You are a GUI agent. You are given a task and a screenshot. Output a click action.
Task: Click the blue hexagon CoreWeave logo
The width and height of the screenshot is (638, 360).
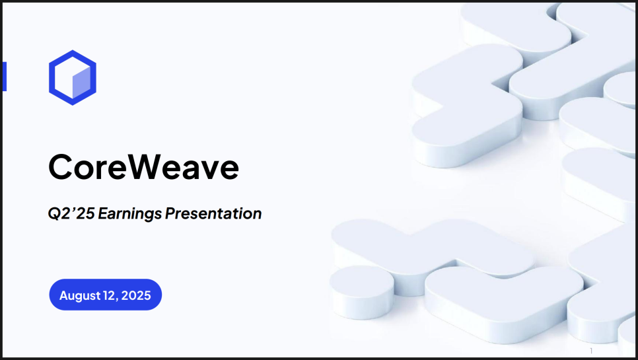click(73, 54)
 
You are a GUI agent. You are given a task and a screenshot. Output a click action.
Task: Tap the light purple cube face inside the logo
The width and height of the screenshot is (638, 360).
click(81, 83)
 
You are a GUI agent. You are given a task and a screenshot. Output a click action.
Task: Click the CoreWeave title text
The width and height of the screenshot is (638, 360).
click(143, 166)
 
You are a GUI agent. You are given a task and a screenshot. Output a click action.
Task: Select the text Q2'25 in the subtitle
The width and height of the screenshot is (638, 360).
click(71, 213)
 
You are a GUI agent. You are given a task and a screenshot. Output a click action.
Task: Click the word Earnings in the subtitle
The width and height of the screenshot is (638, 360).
click(130, 214)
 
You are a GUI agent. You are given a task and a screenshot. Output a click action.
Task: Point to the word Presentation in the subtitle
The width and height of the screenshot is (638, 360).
click(213, 213)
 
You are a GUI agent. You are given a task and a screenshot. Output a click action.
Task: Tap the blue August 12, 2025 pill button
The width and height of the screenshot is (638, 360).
click(106, 295)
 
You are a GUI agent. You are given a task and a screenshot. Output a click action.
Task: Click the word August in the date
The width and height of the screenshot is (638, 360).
click(80, 296)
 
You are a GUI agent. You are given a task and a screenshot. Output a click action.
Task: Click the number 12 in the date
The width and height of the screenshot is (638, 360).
click(110, 295)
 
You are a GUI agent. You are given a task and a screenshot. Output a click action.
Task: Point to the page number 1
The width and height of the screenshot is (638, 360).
click(591, 351)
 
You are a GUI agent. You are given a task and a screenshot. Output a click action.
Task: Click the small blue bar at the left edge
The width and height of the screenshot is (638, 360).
click(5, 77)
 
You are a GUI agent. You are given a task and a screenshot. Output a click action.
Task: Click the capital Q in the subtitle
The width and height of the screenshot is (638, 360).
click(55, 214)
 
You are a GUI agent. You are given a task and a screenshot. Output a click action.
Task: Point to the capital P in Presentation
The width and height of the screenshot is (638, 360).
click(170, 213)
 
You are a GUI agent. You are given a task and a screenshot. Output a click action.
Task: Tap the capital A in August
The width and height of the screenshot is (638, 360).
click(64, 295)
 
